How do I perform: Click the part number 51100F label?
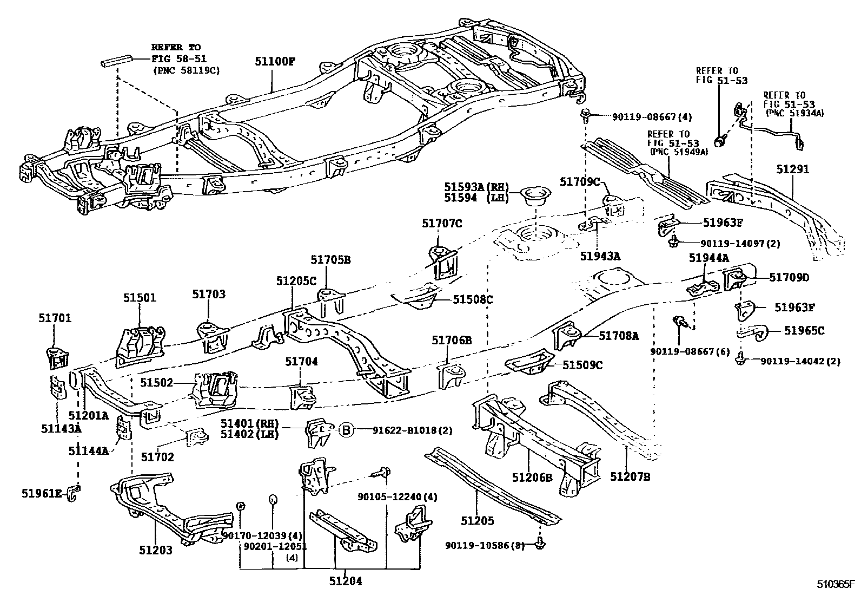(275, 61)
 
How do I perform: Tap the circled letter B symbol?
(346, 430)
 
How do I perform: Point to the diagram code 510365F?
(834, 585)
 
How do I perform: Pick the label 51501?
(139, 297)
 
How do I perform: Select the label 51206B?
(532, 476)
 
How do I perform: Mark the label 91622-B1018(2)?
(412, 430)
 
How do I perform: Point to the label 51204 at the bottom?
(345, 581)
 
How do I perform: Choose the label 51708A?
(618, 336)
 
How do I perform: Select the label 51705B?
(330, 260)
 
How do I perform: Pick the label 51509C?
(582, 365)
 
